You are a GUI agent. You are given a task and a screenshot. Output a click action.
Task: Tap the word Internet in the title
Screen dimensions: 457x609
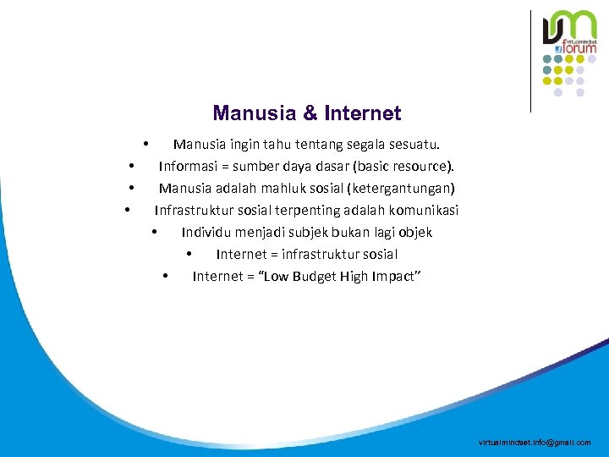[x=362, y=113]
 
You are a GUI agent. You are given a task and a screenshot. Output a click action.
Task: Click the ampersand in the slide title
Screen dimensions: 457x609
[x=309, y=113]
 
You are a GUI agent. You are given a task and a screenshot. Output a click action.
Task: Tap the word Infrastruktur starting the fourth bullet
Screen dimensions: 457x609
[x=195, y=210]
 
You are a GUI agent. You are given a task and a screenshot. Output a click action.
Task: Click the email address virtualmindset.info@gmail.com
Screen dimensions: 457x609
[x=535, y=443]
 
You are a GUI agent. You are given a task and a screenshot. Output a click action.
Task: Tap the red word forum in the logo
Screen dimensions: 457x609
[x=581, y=48]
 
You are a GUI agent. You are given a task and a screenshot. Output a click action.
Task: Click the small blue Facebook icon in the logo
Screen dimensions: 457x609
[x=559, y=49]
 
